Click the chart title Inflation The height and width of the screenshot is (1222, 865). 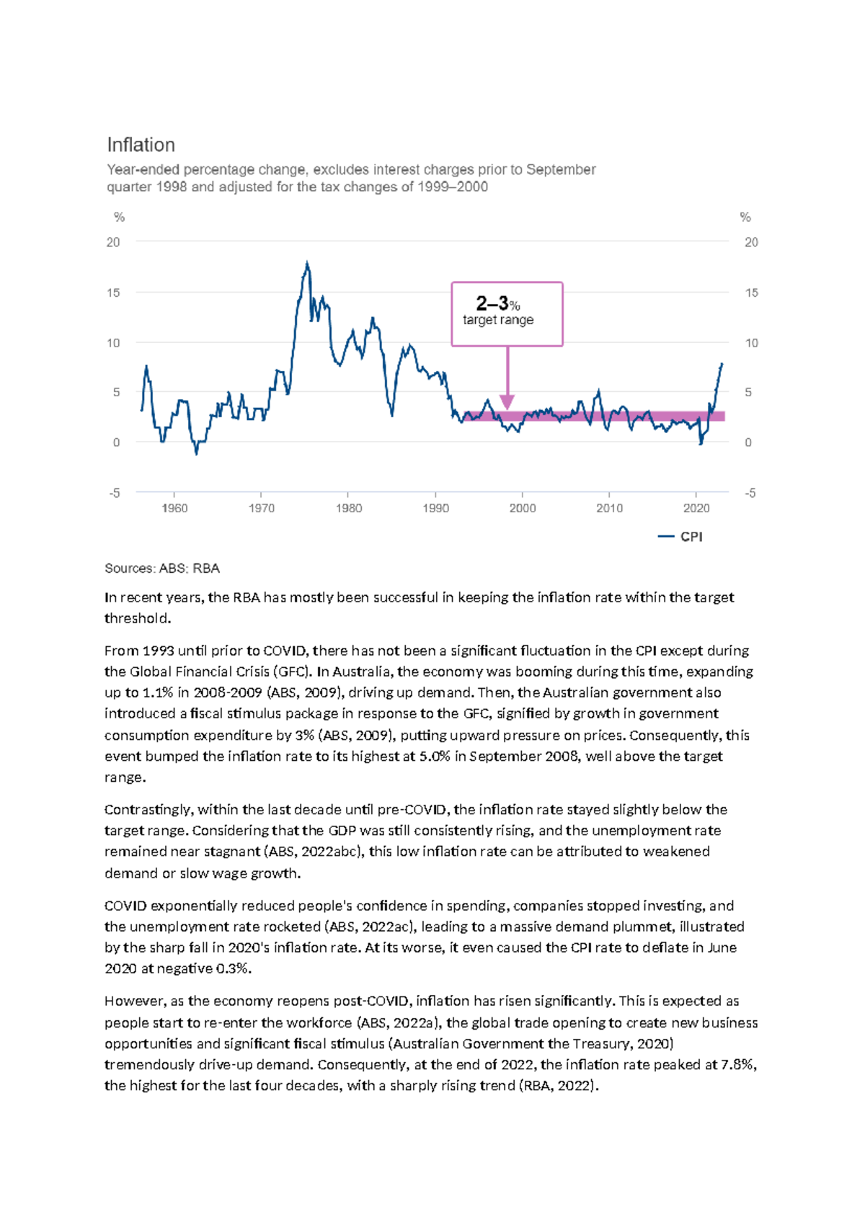(x=141, y=145)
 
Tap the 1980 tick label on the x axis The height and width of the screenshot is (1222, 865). (x=349, y=508)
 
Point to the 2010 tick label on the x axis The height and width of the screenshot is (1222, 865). (x=609, y=508)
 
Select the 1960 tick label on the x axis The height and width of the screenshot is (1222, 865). (x=174, y=508)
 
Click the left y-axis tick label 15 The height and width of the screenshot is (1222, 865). (x=113, y=293)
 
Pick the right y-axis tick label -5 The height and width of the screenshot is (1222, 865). (x=750, y=493)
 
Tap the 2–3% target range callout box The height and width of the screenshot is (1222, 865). (x=507, y=313)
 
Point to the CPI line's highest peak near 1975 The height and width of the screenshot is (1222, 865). (x=307, y=264)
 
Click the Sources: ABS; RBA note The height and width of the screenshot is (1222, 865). (x=162, y=568)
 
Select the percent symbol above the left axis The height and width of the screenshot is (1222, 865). (x=119, y=217)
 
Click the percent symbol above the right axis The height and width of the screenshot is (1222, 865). (x=745, y=217)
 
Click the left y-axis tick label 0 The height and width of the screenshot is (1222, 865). (x=116, y=442)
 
